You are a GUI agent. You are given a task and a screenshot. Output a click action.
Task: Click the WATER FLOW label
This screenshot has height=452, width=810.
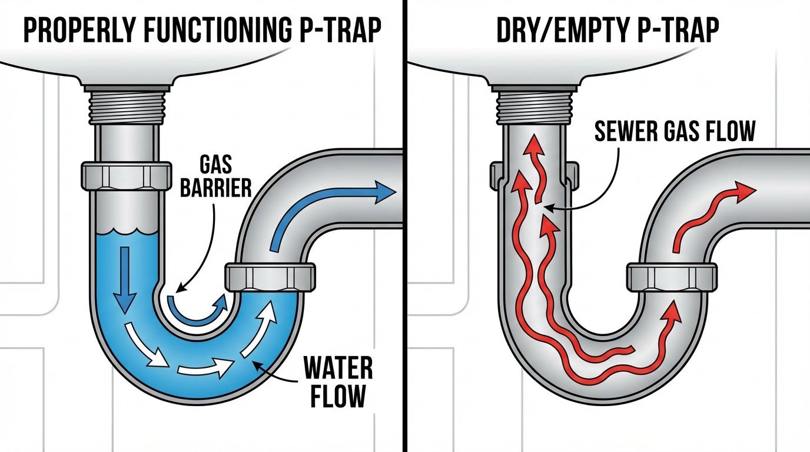pyautogui.click(x=337, y=381)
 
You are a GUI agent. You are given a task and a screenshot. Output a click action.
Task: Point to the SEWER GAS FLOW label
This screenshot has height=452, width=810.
pyautogui.click(x=674, y=131)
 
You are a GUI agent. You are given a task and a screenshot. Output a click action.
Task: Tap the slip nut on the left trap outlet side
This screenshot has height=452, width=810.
pyautogui.click(x=270, y=277)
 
